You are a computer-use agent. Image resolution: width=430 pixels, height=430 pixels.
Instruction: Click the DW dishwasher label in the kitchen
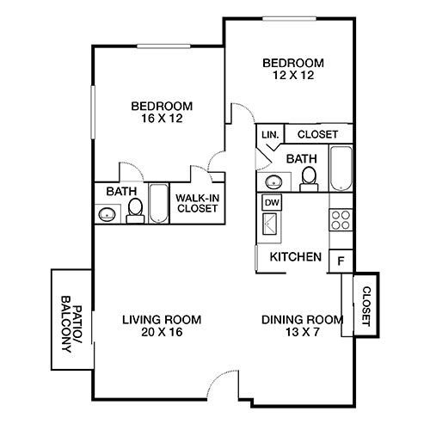pos(272,202)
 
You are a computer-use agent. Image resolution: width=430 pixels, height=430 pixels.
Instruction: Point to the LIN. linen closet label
pos(268,134)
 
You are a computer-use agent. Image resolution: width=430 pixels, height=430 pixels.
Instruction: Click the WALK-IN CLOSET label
pos(196,203)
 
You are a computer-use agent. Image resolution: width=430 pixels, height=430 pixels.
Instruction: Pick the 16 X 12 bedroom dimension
pos(162,120)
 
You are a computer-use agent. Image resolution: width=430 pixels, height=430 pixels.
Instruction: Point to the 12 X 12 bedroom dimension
pos(292,76)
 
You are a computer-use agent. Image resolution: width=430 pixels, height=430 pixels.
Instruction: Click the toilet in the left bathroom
pos(135,210)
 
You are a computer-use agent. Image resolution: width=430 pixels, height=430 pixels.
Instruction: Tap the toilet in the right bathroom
pos(309,177)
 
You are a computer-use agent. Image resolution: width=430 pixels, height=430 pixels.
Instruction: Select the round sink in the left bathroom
pos(107,214)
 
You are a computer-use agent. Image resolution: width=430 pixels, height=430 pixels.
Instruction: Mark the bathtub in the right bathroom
pos(340,169)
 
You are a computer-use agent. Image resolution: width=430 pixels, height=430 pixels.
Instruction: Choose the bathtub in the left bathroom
pos(160,204)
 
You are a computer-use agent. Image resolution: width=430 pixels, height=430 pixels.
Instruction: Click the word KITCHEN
pos(296,257)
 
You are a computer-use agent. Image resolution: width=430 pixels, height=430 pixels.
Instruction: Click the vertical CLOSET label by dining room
pos(365,306)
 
